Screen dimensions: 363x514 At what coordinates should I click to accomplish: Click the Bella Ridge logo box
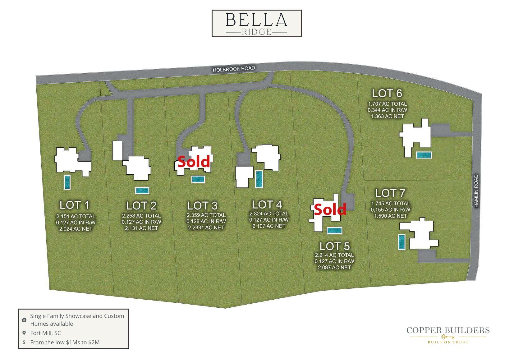coord(256,24)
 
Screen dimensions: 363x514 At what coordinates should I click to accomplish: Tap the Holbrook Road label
coord(234,69)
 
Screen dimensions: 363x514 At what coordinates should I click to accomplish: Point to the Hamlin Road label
coord(476,191)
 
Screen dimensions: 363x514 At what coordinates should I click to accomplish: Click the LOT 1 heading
coord(75,205)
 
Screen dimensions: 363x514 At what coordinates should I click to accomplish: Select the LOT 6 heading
coord(387,93)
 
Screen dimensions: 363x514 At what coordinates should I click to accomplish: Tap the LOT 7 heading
coord(390,193)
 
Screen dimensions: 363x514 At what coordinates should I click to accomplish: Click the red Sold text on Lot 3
coord(194,162)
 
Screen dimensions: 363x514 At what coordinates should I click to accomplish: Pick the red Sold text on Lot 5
coord(330,210)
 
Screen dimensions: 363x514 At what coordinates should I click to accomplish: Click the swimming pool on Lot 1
coord(67,182)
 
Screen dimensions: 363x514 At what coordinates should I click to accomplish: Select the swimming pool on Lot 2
coord(142,191)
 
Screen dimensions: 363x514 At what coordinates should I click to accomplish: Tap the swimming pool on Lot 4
coord(259,179)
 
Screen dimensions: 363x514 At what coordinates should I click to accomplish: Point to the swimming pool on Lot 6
coord(424,155)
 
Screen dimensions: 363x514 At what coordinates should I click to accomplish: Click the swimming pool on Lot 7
coord(402,241)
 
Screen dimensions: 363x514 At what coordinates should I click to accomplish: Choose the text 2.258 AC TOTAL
coord(141,216)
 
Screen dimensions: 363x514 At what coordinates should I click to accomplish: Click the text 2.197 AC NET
coord(269,226)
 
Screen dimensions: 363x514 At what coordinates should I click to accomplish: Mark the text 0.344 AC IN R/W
coord(387,110)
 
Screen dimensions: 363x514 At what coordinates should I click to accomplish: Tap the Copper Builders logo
coord(448,334)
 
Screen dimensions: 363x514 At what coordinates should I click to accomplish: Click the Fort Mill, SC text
coord(45,333)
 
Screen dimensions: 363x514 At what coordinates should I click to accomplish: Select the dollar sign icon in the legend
coord(24,342)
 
